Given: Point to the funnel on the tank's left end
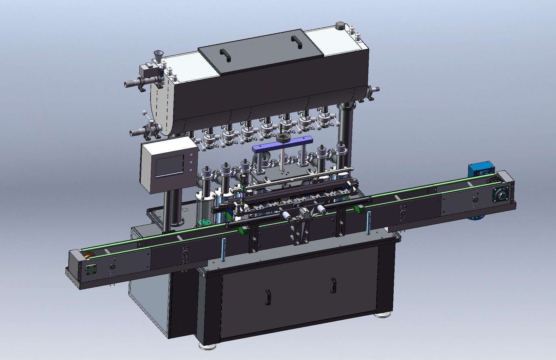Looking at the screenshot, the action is [157, 55].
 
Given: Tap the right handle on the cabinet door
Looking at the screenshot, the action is [333, 285].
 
